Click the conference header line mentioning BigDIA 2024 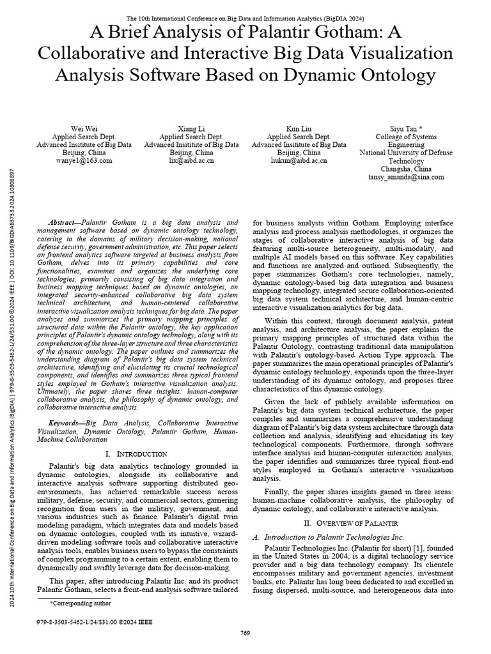coord(245,19)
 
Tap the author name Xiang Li coord(191,128)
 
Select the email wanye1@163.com coord(84,162)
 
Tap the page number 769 coord(245,632)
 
